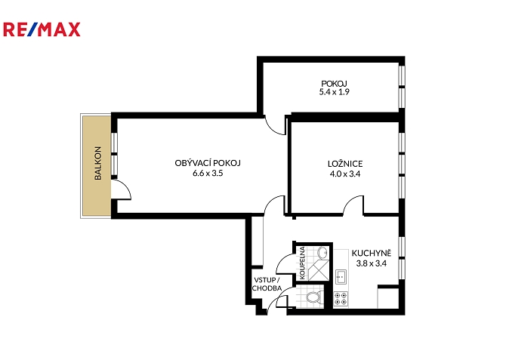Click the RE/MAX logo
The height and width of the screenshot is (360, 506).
point(42,29)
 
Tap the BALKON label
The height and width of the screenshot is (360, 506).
point(97,163)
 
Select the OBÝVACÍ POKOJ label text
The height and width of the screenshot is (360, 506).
point(208,163)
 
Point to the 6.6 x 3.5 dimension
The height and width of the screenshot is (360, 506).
point(208,174)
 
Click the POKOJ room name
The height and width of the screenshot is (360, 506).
point(334,84)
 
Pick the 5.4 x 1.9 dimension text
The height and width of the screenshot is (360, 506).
point(335,92)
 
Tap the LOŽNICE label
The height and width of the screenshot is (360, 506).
point(345,164)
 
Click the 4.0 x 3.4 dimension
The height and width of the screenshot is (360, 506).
point(345,174)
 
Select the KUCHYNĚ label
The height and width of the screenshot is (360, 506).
point(372,253)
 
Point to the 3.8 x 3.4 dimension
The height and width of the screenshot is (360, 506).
point(372,263)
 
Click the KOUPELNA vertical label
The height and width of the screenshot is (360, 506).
point(302,263)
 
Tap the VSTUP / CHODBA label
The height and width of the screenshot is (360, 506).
point(267,285)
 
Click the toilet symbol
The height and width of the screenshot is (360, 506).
point(313,297)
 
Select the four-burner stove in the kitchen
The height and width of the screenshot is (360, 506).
point(341,299)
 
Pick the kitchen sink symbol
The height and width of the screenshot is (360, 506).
point(341,277)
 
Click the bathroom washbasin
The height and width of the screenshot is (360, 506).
point(322,253)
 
